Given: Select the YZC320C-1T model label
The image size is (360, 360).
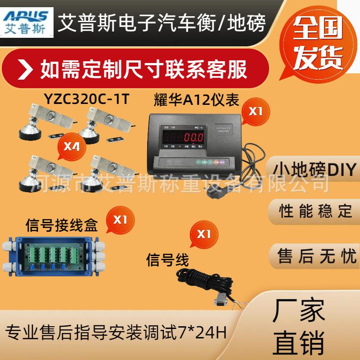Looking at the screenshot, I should tap(87, 98).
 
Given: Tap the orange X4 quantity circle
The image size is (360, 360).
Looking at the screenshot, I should tap(72, 146).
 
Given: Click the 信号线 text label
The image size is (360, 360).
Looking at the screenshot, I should tap(168, 260).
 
